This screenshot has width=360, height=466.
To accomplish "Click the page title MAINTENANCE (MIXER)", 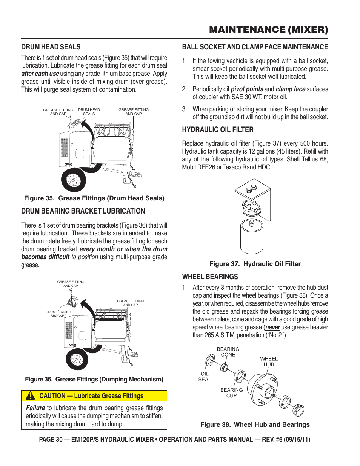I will [268, 30].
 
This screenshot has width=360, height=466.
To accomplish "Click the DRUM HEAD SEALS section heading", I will [51, 47].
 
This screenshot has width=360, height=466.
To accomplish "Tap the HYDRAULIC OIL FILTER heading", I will [218, 130].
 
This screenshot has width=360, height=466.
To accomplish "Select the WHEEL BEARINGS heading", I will [210, 277].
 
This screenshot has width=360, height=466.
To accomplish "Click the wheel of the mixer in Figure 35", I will [74, 180].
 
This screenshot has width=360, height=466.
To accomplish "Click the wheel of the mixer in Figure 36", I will [77, 359].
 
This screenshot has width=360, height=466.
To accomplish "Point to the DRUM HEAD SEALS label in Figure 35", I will [89, 112].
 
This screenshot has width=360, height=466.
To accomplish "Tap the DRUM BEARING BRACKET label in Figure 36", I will [58, 314].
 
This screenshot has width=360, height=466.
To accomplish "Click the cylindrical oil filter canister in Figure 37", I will [252, 236].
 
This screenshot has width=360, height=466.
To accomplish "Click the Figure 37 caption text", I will [255, 264].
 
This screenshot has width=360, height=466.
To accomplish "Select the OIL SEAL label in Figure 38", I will [205, 377].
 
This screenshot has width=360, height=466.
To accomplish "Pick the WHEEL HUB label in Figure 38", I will [269, 361].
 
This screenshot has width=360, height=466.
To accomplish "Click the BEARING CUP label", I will [232, 393].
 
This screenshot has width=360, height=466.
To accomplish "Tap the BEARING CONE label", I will [228, 352].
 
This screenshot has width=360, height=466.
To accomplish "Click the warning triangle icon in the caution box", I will [30, 396].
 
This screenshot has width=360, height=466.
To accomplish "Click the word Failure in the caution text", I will [35, 408].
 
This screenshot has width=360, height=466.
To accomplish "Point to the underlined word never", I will [272, 328].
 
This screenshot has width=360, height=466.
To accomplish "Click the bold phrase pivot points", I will [247, 89].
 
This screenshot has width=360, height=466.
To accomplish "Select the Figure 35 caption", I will [94, 198].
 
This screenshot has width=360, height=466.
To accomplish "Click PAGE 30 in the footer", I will [51, 440].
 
